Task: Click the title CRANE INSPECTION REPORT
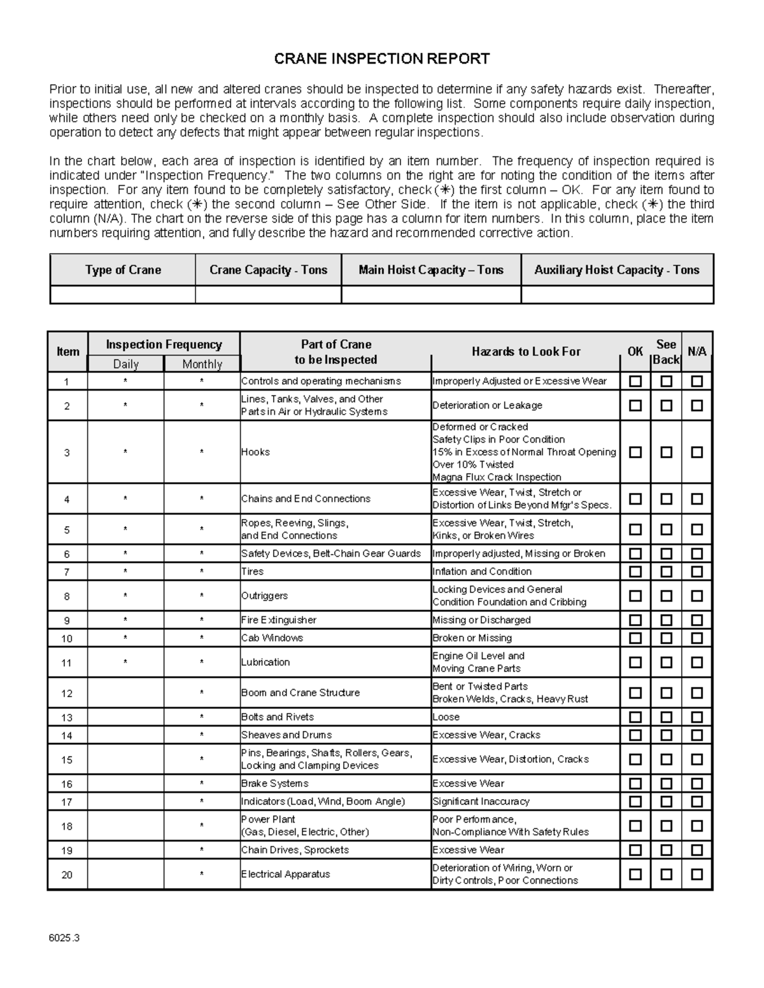(381, 59)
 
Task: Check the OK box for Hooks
(635, 452)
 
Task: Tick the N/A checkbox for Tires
(697, 572)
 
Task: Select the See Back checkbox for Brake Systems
(666, 784)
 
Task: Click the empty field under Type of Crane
(123, 295)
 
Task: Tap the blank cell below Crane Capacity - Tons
(268, 295)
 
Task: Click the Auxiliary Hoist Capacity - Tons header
(616, 270)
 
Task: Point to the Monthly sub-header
(202, 364)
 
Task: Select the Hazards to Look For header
(526, 351)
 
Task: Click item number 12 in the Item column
(67, 693)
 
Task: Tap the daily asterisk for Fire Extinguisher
(125, 620)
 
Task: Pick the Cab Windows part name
(272, 638)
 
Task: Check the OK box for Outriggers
(635, 596)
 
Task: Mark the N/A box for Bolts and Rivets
(697, 718)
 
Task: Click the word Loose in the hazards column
(446, 717)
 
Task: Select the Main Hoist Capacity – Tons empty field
(431, 295)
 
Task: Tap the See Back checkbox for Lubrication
(666, 663)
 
